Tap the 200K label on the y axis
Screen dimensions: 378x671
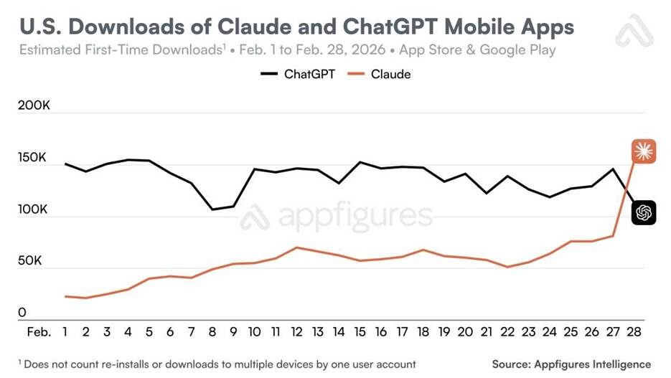click(x=34, y=106)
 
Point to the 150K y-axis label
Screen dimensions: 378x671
click(x=33, y=158)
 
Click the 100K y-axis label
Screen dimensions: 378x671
click(x=33, y=209)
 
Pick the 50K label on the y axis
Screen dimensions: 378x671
click(x=30, y=260)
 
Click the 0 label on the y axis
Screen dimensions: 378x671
click(x=22, y=312)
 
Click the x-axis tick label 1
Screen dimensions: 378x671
click(x=65, y=333)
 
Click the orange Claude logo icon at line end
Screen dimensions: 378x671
click(x=644, y=151)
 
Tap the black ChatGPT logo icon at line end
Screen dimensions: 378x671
click(x=644, y=212)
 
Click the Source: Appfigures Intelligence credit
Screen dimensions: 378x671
click(x=571, y=364)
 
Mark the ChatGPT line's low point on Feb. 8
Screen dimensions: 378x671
click(x=212, y=209)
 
